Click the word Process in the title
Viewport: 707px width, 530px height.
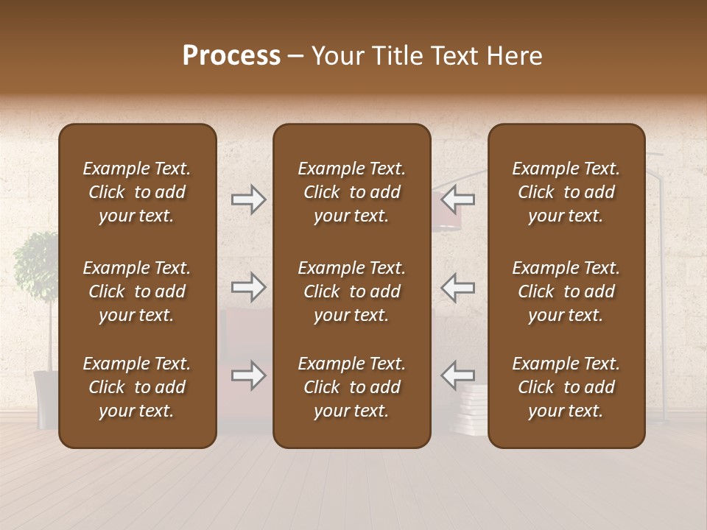pos(231,56)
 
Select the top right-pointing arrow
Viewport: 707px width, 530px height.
pos(249,199)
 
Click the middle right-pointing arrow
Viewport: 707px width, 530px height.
pos(249,287)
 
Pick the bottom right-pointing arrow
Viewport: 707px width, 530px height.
pos(249,375)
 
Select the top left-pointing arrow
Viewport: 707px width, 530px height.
pos(457,199)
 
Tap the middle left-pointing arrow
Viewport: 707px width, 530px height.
pos(457,287)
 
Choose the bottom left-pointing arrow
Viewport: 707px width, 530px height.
pos(457,375)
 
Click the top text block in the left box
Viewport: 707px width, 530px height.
pos(137,192)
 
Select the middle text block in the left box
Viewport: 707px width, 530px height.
pos(137,291)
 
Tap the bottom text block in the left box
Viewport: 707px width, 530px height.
pos(137,387)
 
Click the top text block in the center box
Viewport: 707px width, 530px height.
pos(351,192)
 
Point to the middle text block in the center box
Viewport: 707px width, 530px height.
pos(351,291)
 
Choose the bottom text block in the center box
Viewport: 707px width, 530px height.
pos(351,387)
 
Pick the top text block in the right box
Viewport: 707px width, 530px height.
pos(566,192)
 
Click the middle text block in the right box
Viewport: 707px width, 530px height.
pos(566,291)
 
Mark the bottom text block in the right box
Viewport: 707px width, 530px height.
pos(566,387)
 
